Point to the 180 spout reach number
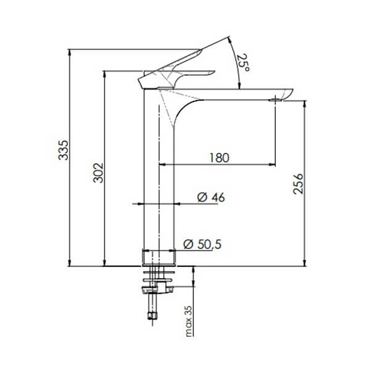pyautogui.click(x=218, y=157)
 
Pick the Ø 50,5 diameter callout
pyautogui.click(x=202, y=244)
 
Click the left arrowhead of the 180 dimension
pyautogui.click(x=163, y=165)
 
